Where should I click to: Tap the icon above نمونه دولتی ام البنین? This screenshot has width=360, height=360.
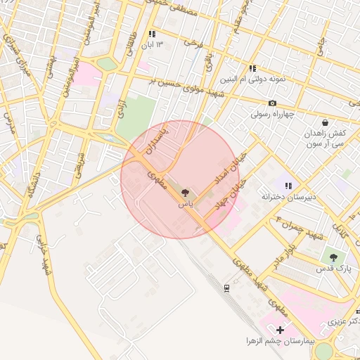tap(252, 68)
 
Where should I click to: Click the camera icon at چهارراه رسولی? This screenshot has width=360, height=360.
tap(272, 103)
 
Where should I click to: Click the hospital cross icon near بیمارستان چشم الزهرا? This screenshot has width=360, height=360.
tap(281, 329)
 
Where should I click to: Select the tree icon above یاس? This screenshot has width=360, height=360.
tap(185, 192)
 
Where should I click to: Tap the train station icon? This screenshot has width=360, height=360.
tap(226, 288)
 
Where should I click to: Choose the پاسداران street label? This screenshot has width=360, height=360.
tap(153, 141)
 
